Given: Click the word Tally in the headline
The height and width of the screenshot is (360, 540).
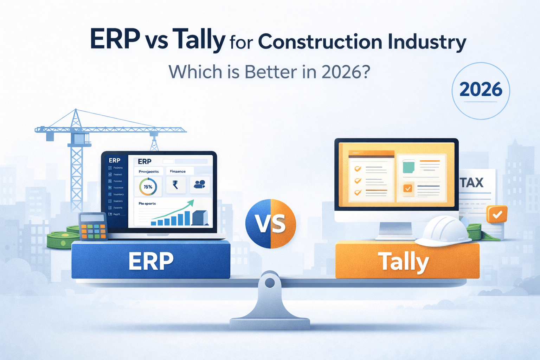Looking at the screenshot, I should [x=199, y=39].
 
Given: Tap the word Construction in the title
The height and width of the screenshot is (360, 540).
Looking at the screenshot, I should [x=320, y=42].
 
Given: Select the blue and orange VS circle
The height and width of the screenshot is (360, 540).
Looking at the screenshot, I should [x=271, y=224].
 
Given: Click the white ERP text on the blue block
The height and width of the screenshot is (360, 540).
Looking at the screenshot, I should [x=151, y=261].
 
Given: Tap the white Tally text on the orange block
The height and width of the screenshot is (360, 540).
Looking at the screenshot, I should [x=404, y=262].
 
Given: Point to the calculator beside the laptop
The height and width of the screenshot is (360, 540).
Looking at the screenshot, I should [x=93, y=226].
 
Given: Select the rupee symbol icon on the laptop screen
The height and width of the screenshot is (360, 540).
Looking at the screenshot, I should [x=175, y=185].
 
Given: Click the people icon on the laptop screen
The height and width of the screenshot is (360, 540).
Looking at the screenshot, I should [x=199, y=184].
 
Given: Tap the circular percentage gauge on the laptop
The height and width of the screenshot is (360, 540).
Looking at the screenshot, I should [x=148, y=187].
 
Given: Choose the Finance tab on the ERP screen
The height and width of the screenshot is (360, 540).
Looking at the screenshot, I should [x=178, y=171].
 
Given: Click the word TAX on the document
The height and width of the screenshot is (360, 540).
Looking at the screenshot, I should [x=472, y=183].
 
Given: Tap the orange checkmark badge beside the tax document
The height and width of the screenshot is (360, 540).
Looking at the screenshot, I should [x=497, y=214].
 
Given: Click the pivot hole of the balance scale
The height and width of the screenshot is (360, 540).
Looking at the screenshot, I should [x=270, y=283].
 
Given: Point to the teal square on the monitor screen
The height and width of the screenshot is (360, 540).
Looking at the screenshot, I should [x=408, y=167].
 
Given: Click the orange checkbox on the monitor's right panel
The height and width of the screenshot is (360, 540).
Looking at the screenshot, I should [x=408, y=188].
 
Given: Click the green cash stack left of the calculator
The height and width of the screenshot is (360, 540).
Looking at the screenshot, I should [x=63, y=240].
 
